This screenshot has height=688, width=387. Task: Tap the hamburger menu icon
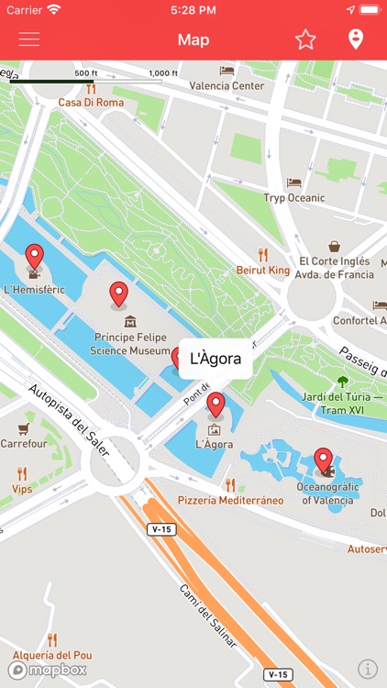click(x=29, y=39)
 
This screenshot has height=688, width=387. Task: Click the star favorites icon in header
click(x=305, y=39)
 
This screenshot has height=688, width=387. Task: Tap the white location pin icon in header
click(x=356, y=39)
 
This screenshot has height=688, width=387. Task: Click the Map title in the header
click(x=193, y=39)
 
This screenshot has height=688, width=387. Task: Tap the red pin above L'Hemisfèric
click(x=34, y=257)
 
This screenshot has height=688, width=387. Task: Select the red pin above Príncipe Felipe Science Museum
click(x=118, y=294)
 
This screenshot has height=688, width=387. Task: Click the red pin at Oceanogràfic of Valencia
click(x=323, y=459)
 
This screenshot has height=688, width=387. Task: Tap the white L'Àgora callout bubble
click(x=216, y=359)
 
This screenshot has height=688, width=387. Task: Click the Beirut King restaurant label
click(x=263, y=270)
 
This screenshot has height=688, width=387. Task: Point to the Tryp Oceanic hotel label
click(x=293, y=197)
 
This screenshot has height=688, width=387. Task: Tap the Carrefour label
click(x=23, y=443)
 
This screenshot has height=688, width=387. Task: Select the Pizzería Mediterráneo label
click(x=230, y=500)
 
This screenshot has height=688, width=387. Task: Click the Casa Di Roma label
click(x=91, y=102)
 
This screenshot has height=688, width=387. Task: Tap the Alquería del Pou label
click(x=52, y=655)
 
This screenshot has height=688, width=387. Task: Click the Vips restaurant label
click(x=22, y=490)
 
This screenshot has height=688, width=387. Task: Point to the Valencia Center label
click(x=227, y=86)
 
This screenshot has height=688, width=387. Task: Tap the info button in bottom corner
click(x=367, y=669)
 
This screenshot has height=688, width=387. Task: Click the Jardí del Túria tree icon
click(x=343, y=382)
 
